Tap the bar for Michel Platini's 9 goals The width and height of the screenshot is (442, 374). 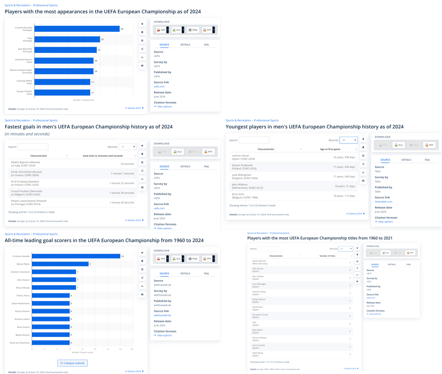[x=60, y=264]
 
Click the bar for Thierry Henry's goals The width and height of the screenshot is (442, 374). [x=51, y=295]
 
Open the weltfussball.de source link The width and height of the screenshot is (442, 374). [x=162, y=315]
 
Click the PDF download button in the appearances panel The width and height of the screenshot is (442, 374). [x=161, y=30]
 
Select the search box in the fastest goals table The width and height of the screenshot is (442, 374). [x=33, y=147]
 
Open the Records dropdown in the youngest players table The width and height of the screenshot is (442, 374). [x=348, y=140]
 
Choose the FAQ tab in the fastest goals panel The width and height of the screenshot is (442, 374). [x=206, y=166]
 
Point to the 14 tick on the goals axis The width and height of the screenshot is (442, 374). [x=120, y=349]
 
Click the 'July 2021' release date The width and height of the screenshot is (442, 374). [x=371, y=306]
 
